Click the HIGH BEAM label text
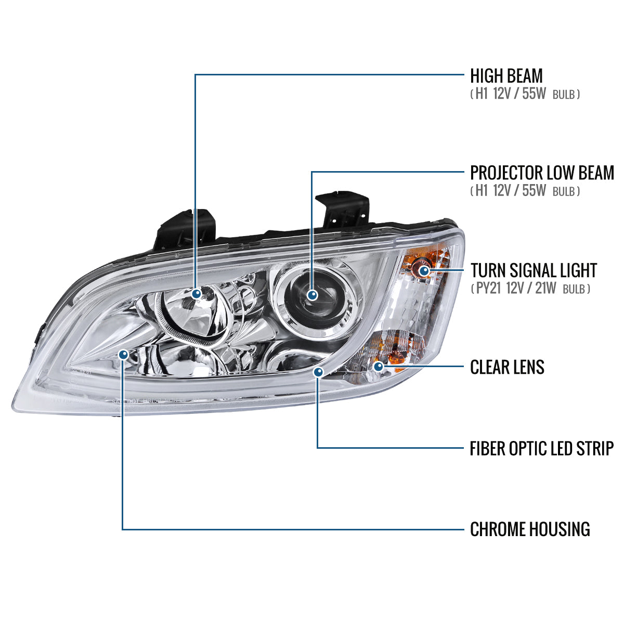click(x=506, y=76)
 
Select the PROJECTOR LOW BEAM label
click(x=542, y=173)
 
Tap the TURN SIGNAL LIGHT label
click(x=534, y=270)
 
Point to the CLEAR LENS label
click(x=507, y=367)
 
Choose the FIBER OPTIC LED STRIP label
click(x=541, y=448)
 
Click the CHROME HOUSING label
click(x=530, y=529)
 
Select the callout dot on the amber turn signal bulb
click(x=424, y=270)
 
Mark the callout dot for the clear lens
click(x=379, y=367)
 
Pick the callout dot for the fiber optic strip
click(x=318, y=372)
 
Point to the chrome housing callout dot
click(x=123, y=355)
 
